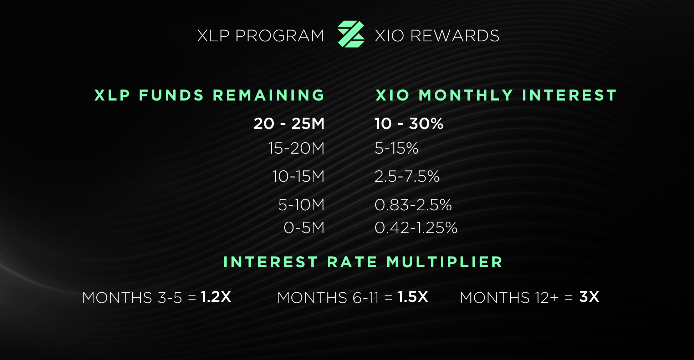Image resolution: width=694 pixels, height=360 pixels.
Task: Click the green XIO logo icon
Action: (x=351, y=34)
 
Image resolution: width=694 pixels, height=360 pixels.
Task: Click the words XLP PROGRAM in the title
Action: (x=261, y=36)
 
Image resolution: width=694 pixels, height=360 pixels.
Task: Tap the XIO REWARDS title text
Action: (x=437, y=36)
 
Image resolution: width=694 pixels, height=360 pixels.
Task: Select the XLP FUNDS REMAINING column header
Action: (x=209, y=95)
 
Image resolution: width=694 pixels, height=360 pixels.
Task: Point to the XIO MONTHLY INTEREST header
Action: (x=496, y=95)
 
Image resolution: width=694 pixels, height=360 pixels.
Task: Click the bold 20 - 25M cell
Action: (x=289, y=124)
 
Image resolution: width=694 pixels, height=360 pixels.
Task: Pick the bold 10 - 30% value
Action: (x=409, y=124)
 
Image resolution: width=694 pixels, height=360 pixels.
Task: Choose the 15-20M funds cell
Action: (x=296, y=148)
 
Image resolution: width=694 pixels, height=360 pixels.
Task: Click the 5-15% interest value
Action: (x=396, y=148)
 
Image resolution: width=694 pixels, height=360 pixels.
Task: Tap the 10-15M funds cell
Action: (x=298, y=176)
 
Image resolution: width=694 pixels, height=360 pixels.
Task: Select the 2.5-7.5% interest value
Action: (x=407, y=176)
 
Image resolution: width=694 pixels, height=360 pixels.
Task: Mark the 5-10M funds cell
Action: (x=301, y=205)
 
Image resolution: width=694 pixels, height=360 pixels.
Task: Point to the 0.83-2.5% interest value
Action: (x=413, y=205)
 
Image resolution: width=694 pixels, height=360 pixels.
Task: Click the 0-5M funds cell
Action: (x=304, y=228)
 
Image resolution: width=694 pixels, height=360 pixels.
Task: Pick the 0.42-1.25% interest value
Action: (x=416, y=228)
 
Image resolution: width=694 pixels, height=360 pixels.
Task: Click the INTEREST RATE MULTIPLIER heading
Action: (x=363, y=262)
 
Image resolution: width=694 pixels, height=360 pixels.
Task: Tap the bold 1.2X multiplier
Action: (x=216, y=297)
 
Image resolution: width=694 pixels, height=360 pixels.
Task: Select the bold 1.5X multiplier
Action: (x=413, y=297)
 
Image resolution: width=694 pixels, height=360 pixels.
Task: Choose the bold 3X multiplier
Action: (x=589, y=297)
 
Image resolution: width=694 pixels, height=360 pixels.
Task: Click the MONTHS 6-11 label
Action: (x=328, y=298)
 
